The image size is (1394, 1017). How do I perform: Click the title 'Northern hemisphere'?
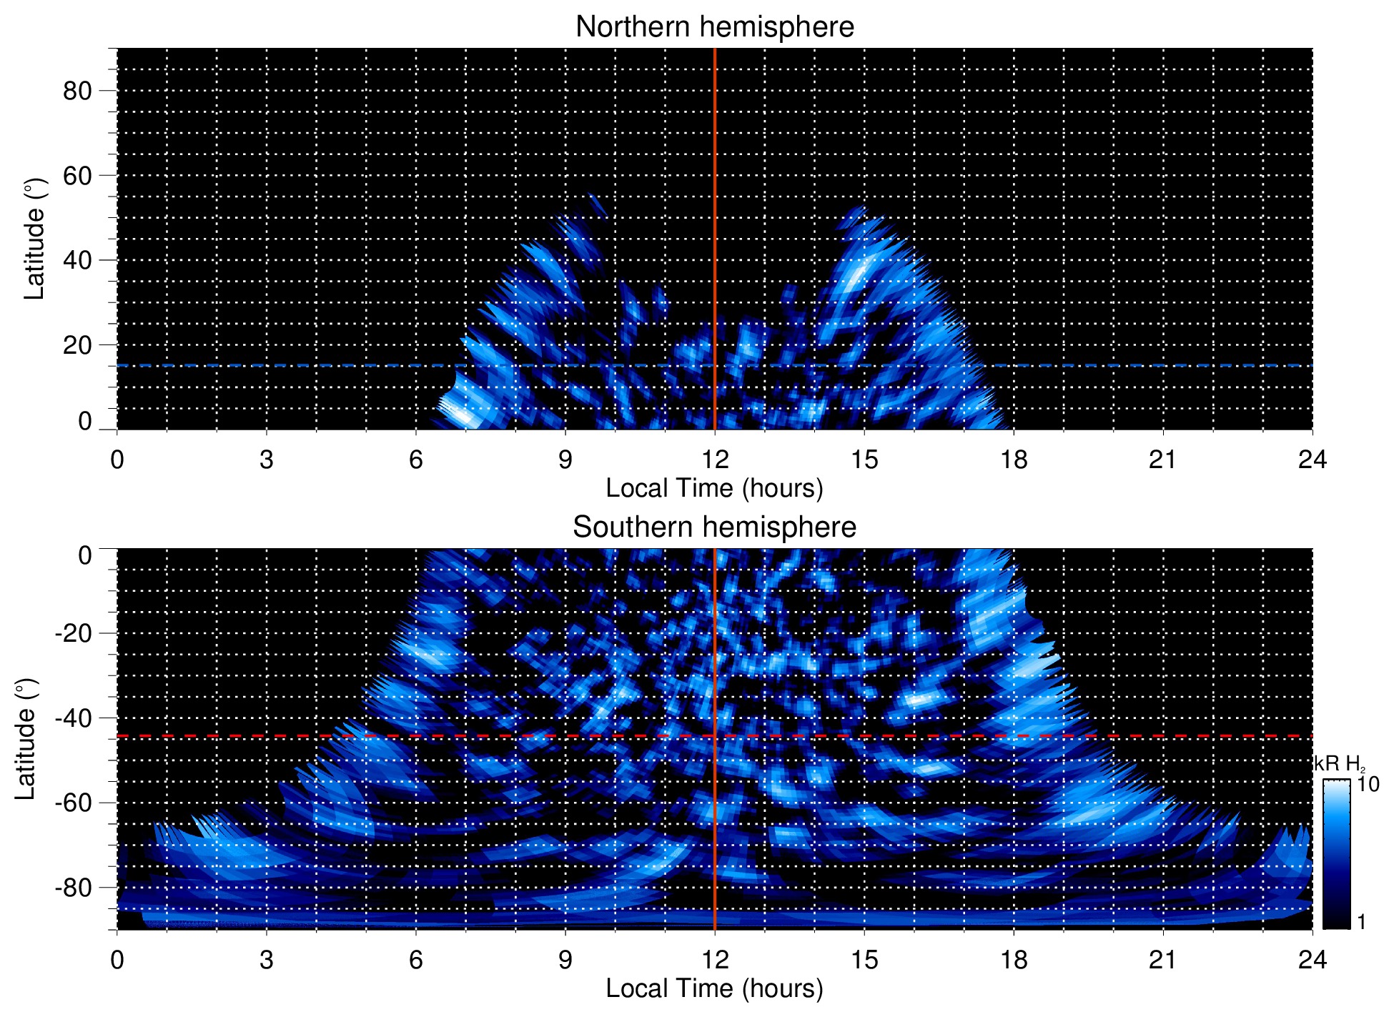click(x=714, y=27)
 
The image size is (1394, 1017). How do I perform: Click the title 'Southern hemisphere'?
click(x=714, y=527)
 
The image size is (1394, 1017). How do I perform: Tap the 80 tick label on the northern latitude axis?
click(x=77, y=91)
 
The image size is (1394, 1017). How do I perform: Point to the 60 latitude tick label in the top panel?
click(x=77, y=175)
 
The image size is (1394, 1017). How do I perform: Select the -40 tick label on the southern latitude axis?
click(x=73, y=718)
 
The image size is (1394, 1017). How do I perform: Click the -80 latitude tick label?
click(x=73, y=887)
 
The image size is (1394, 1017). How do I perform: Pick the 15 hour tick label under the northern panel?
click(x=864, y=460)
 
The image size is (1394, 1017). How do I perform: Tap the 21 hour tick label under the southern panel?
click(x=1162, y=959)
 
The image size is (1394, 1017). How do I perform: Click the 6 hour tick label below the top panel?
click(x=415, y=460)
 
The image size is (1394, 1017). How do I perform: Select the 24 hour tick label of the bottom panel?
click(x=1312, y=959)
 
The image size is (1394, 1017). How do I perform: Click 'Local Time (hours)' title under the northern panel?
click(x=714, y=488)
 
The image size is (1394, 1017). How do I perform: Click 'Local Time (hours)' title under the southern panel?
click(x=714, y=988)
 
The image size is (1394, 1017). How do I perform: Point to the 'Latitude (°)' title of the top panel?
click(x=34, y=239)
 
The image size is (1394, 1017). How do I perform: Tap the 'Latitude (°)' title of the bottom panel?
click(x=25, y=740)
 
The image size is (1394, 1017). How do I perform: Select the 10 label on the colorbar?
click(x=1368, y=784)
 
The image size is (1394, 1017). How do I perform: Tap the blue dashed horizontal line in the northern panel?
click(x=286, y=365)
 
